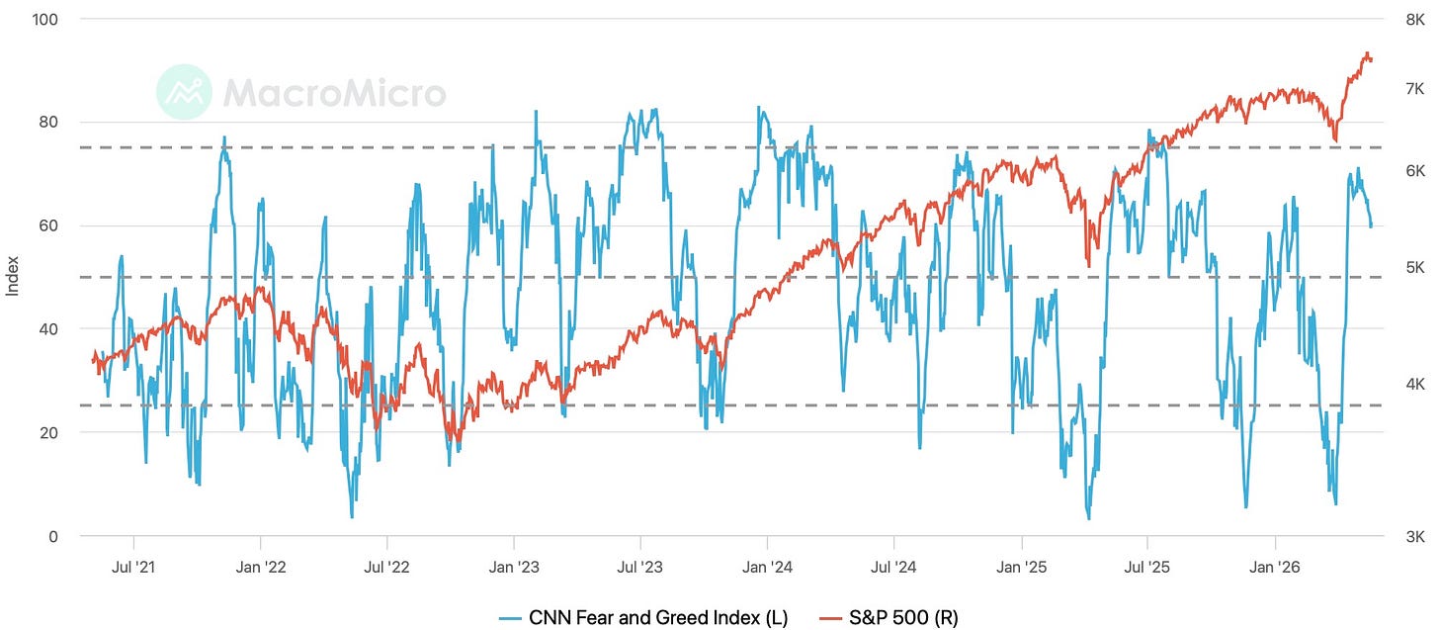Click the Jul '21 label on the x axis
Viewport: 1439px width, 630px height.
133,567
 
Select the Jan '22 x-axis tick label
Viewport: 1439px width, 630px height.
260,567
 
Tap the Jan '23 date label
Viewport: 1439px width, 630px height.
514,567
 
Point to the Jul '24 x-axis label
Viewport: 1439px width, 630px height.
893,567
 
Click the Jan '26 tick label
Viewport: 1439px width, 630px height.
1275,567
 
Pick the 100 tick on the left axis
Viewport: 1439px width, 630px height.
45,20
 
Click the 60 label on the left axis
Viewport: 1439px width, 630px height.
48,225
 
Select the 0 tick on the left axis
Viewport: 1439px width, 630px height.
53,536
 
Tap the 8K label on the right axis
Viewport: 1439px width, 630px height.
1415,20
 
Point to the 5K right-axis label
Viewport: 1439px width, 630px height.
1415,267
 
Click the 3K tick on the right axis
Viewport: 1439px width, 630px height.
1415,536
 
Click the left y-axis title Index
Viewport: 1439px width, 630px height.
12,277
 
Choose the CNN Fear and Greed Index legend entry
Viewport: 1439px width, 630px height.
643,618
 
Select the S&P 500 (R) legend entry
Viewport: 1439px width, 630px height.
889,618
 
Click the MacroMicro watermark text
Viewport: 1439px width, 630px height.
335,93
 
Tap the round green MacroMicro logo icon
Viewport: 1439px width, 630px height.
184,92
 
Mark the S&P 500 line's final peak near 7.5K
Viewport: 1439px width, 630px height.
1367,53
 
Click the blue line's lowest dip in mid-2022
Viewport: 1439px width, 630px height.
352,517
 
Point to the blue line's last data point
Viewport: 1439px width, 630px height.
1371,226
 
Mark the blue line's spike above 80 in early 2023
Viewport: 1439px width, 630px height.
536,111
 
